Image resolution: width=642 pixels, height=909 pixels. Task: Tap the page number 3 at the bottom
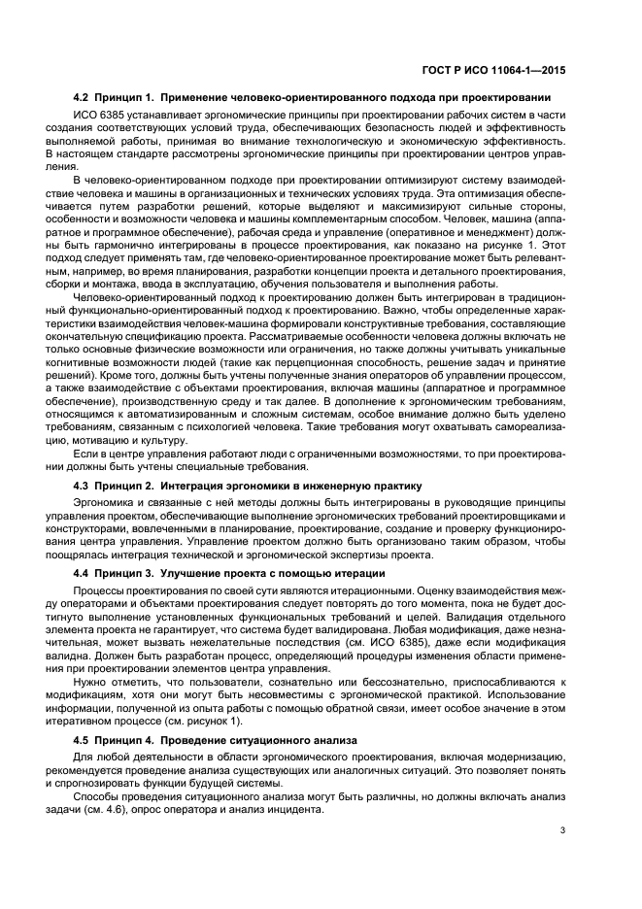[564, 828]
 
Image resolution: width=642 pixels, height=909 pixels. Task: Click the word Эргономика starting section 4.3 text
[103, 501]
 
